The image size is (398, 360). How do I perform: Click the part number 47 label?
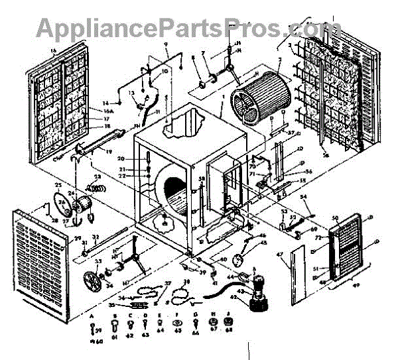coord(279,255)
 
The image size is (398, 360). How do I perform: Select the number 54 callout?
coord(304,197)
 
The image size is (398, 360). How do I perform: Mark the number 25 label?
coord(58,184)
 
